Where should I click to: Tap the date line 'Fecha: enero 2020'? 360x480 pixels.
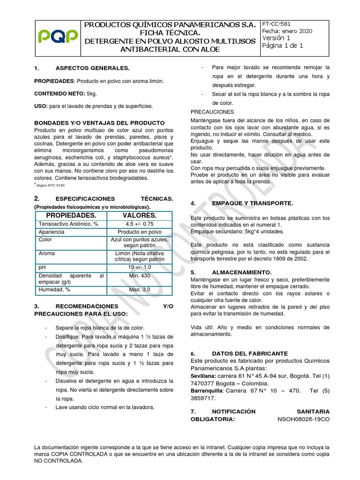(x=286, y=30)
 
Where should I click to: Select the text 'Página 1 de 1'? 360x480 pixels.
(x=283, y=45)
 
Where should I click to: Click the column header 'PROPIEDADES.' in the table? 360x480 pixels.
(x=71, y=215)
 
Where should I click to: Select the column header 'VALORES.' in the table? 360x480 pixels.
(x=139, y=215)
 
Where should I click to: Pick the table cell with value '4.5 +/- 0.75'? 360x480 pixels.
(x=139, y=224)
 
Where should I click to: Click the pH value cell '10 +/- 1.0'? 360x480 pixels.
(x=139, y=267)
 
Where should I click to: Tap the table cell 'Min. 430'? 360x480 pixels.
(x=139, y=276)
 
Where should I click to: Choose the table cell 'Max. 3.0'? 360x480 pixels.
(x=139, y=289)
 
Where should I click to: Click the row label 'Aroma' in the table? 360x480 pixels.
(x=47, y=254)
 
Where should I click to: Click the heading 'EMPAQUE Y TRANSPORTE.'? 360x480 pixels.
(x=252, y=203)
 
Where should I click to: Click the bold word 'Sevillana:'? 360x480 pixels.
(x=204, y=376)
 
